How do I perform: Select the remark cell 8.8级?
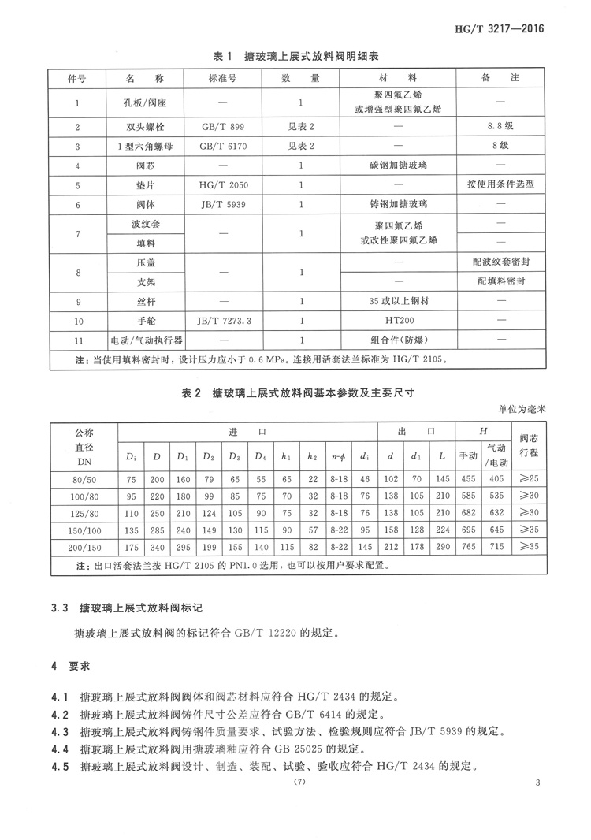500,126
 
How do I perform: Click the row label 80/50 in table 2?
84,478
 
